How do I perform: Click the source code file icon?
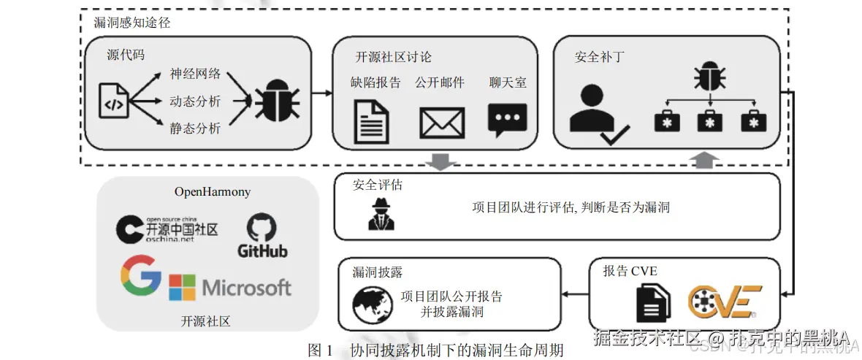coord(114,102)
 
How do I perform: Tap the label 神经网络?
coord(194,74)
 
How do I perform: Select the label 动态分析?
coord(194,101)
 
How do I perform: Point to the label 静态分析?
coord(194,129)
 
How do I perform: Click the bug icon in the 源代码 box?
coord(275,100)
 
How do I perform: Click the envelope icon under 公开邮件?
coord(442,122)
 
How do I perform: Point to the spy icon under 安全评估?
coord(381,214)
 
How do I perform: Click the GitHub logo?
coord(262,235)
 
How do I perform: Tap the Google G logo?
coord(141,275)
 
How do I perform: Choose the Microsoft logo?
coord(230,287)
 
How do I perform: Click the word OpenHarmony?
coord(212,192)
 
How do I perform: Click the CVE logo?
coord(724,302)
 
